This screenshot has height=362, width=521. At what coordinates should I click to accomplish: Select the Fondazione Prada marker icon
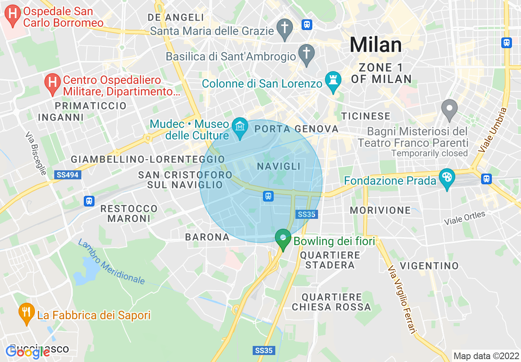(447, 178)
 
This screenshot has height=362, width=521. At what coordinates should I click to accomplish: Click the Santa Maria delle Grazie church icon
(284, 28)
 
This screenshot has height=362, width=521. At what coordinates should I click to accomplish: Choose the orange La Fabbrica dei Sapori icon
(27, 312)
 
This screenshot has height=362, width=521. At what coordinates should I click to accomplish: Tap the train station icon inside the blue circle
(268, 196)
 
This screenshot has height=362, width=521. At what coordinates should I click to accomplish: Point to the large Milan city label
(376, 44)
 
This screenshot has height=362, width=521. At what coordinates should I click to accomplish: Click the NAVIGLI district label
(279, 167)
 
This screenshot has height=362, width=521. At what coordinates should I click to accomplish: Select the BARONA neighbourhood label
(207, 237)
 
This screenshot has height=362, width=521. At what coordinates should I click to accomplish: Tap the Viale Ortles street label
(464, 218)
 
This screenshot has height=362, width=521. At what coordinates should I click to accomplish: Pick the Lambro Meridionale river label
(111, 262)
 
